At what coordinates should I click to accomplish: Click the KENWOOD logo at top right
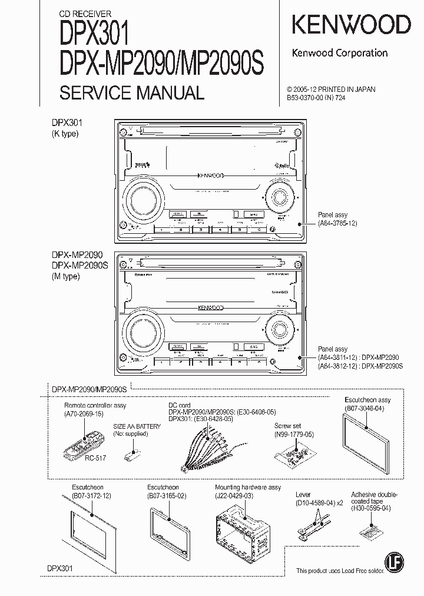[352, 25]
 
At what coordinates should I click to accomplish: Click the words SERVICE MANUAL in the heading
[132, 92]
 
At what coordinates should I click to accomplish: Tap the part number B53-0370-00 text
[312, 99]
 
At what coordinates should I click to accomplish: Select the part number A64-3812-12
[337, 366]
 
